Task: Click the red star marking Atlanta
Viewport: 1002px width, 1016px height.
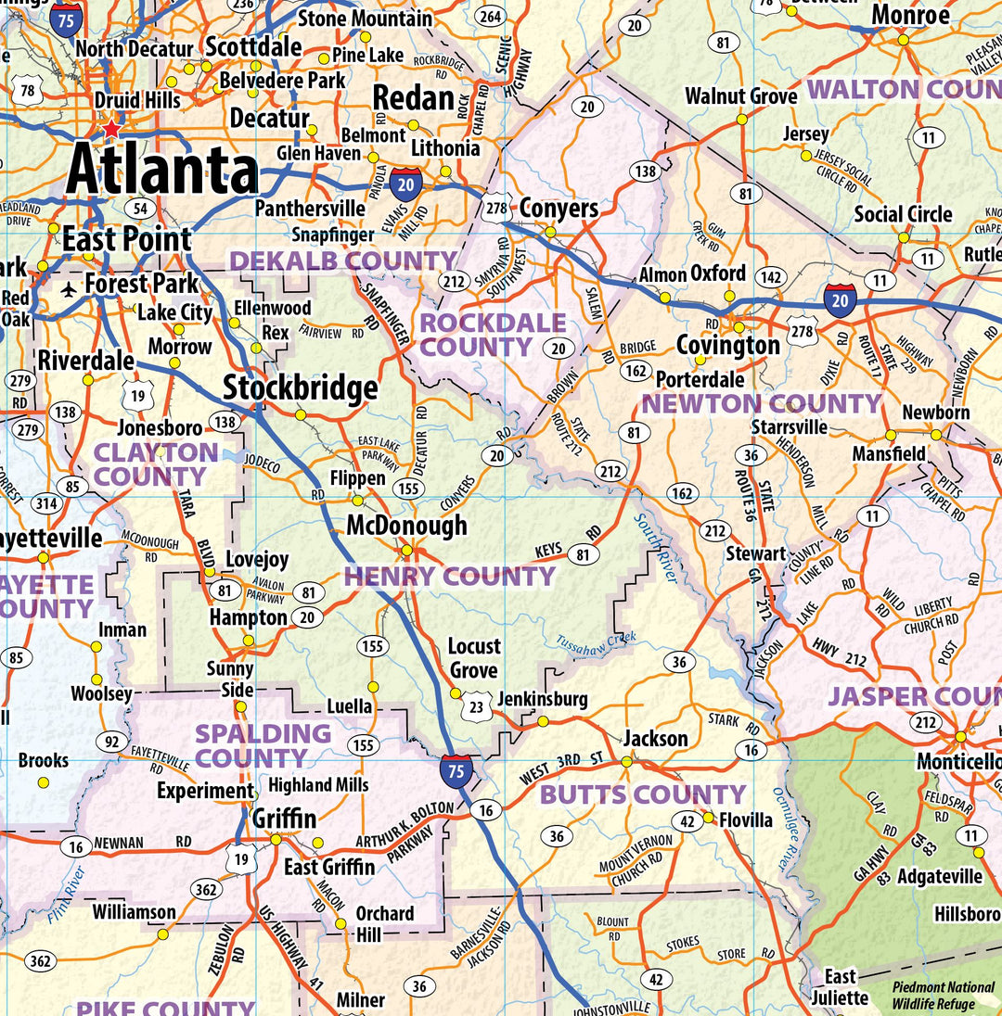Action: pos(112,129)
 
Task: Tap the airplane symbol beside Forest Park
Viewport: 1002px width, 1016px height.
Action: pos(68,289)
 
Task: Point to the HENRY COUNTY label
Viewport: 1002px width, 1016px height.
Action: pos(449,577)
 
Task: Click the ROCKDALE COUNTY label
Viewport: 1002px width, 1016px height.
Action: pos(492,335)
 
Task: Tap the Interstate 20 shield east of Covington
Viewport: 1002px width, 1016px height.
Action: pos(840,301)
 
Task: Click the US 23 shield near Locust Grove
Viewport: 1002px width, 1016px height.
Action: pos(477,705)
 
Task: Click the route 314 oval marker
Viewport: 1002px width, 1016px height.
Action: pos(46,504)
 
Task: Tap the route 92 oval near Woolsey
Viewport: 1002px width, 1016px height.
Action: pos(112,741)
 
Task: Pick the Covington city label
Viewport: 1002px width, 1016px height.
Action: pos(727,346)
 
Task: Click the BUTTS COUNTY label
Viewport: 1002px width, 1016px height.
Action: pos(642,794)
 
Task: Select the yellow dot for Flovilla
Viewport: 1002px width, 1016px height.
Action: pos(708,818)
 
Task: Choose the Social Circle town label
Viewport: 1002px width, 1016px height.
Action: pos(903,214)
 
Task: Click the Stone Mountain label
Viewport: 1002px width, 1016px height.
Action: pos(365,19)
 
